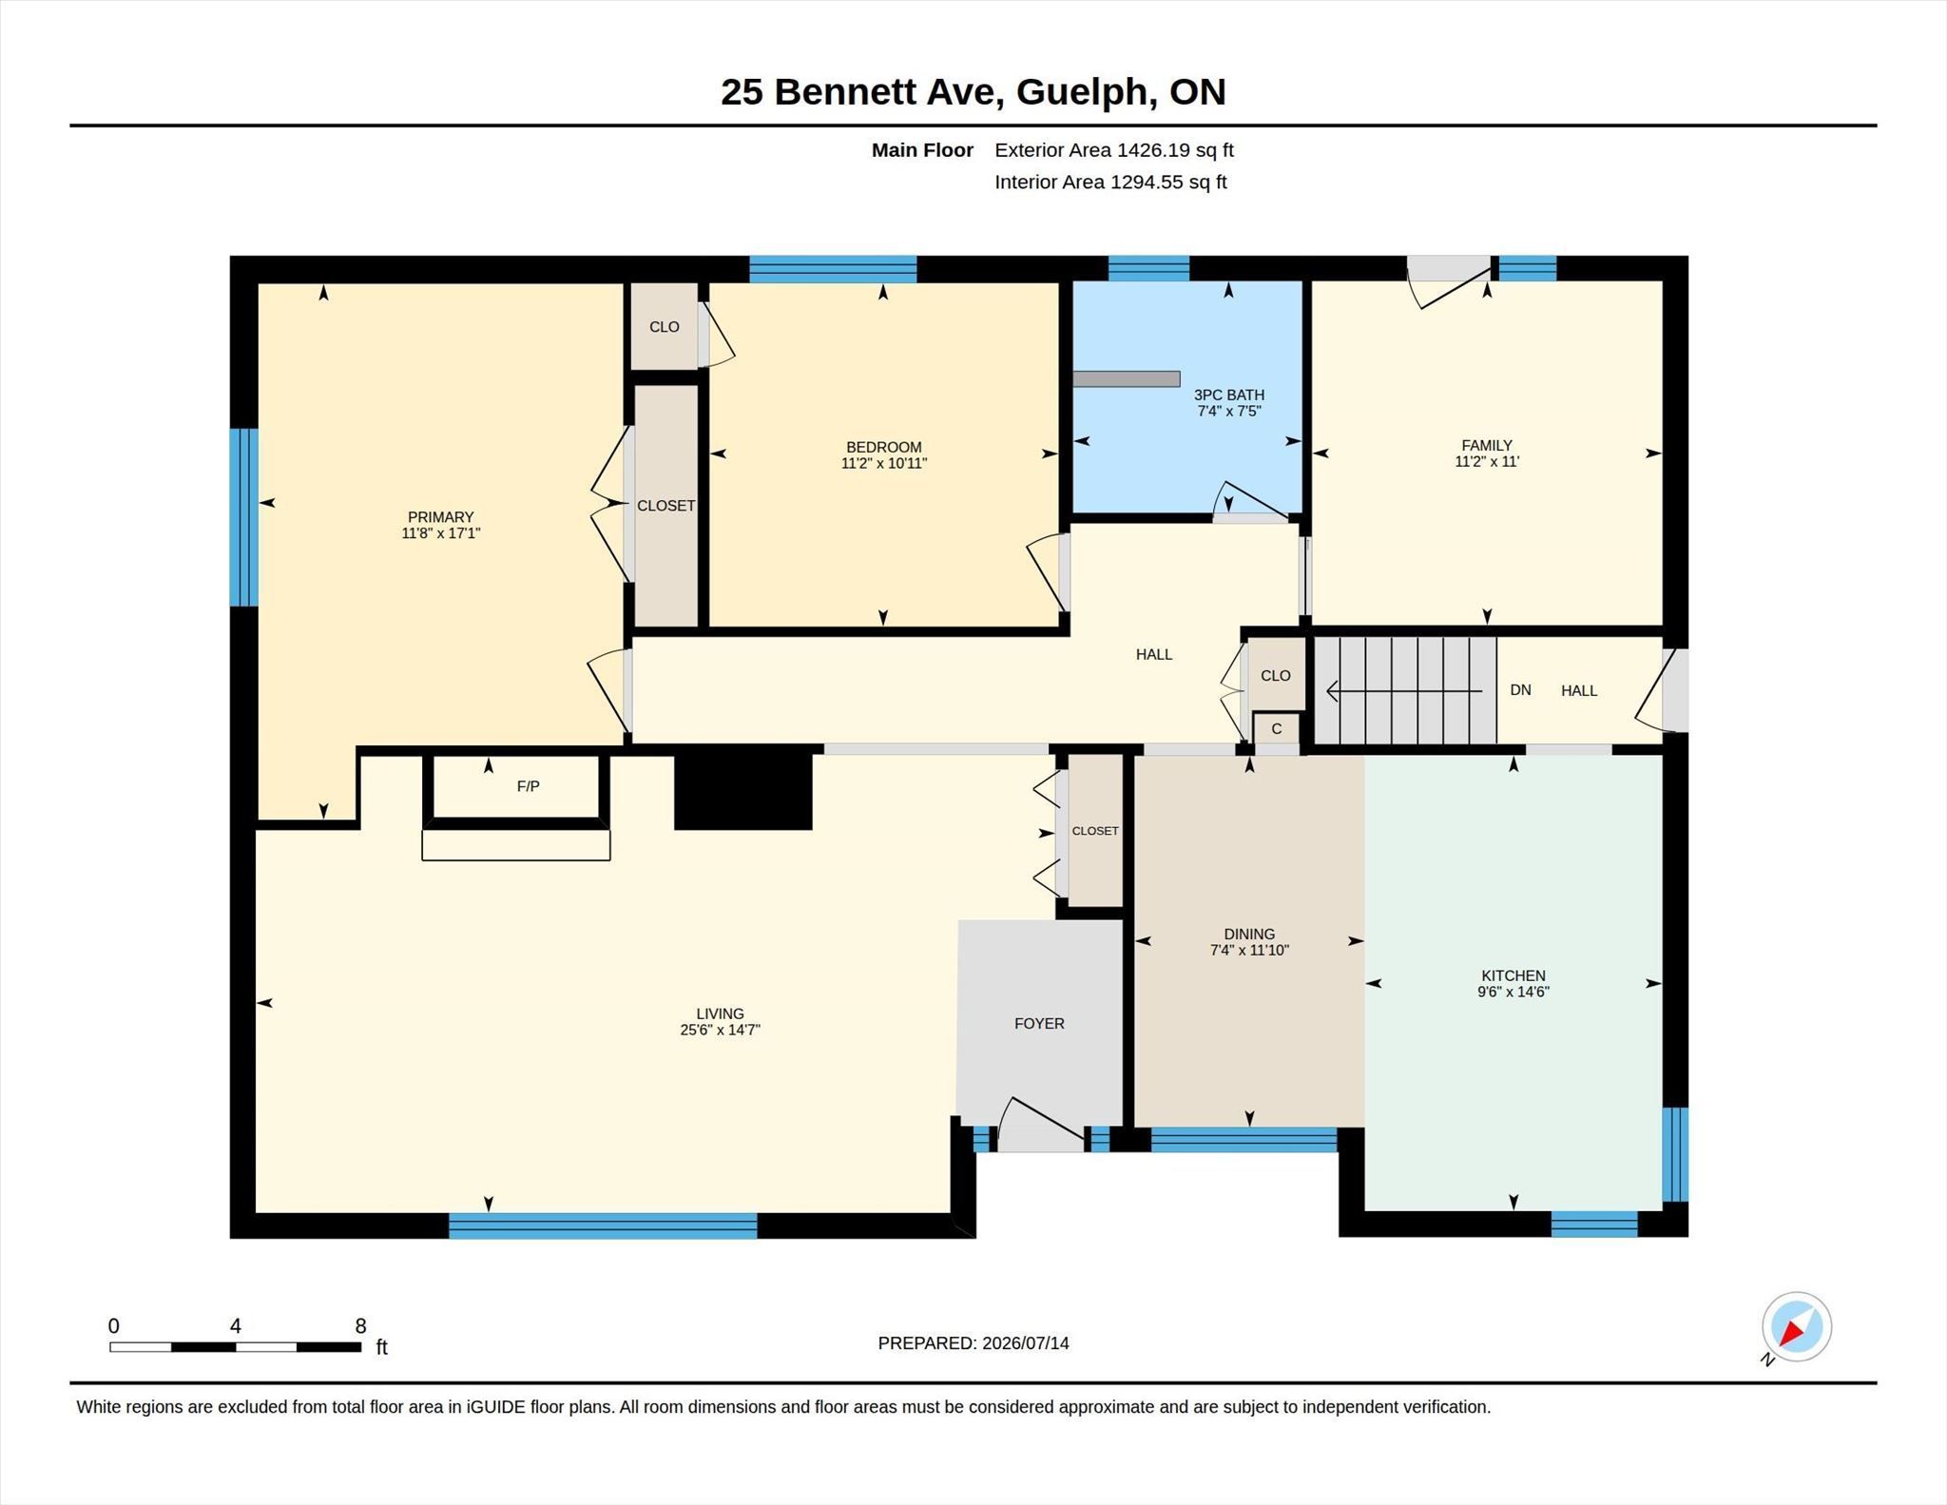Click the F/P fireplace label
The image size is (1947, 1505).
tap(528, 786)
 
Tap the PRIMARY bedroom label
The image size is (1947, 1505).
tap(440, 517)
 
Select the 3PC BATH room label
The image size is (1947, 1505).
tap(1229, 395)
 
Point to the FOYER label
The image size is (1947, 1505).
tap(1039, 1023)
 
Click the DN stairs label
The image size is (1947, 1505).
tap(1520, 690)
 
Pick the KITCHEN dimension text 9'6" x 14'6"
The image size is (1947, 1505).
tap(1513, 992)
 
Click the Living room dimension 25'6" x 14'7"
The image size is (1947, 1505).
tap(720, 1030)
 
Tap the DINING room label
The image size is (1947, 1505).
tap(1249, 934)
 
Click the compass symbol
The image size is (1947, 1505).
tap(1796, 1327)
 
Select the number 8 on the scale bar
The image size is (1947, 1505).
tap(360, 1326)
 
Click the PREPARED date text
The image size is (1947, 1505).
tap(973, 1343)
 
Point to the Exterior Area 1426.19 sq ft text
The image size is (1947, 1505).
tap(1114, 150)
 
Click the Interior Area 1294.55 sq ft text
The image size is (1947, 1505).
tap(1110, 182)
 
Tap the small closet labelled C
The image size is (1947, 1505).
tap(1277, 729)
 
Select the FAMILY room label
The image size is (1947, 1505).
tap(1487, 445)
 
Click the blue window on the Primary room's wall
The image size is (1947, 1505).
tap(244, 517)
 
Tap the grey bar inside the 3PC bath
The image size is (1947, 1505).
tap(1127, 378)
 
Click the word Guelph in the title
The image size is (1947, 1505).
tap(1081, 92)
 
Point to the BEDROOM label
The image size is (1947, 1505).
tap(884, 447)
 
